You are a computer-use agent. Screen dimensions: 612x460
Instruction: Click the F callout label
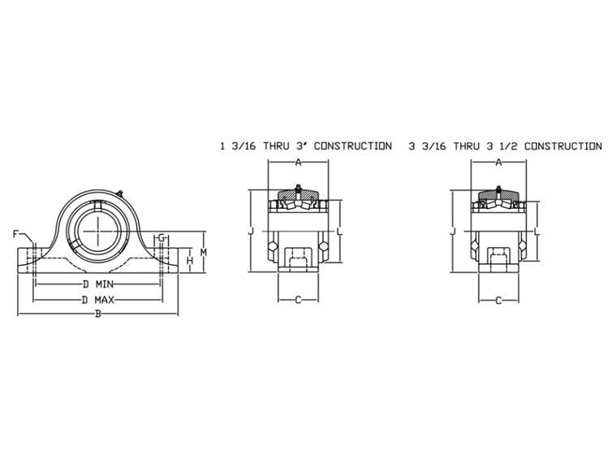(x=15, y=234)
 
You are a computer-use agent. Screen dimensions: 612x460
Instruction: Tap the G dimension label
(x=162, y=237)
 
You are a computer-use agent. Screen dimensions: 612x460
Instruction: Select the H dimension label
(x=190, y=260)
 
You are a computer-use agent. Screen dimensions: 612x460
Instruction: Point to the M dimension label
(x=204, y=252)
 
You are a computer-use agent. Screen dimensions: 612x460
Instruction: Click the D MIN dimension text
(x=98, y=284)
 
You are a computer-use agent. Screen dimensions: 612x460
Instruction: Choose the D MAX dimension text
(x=98, y=300)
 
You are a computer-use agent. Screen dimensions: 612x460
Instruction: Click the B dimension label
(x=98, y=314)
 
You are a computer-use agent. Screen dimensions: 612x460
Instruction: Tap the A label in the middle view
(x=298, y=163)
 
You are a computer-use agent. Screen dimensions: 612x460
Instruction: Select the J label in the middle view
(x=251, y=232)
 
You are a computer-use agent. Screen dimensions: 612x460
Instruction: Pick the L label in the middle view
(x=339, y=232)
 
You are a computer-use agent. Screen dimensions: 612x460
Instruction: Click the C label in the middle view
(x=298, y=300)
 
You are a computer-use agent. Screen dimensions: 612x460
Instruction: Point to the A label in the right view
(x=498, y=163)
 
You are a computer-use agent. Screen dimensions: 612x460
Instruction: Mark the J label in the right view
(x=453, y=232)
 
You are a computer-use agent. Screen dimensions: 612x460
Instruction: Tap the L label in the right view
(x=537, y=232)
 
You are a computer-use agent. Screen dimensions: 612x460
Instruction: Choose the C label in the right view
(x=498, y=301)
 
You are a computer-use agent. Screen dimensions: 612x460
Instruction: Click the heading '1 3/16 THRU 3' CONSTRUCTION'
(x=306, y=146)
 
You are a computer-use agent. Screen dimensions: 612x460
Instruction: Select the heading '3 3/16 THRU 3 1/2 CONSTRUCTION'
(x=506, y=146)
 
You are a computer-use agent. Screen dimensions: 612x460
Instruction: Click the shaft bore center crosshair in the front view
(x=97, y=232)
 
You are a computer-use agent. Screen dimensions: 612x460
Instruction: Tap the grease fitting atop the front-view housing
(x=120, y=192)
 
